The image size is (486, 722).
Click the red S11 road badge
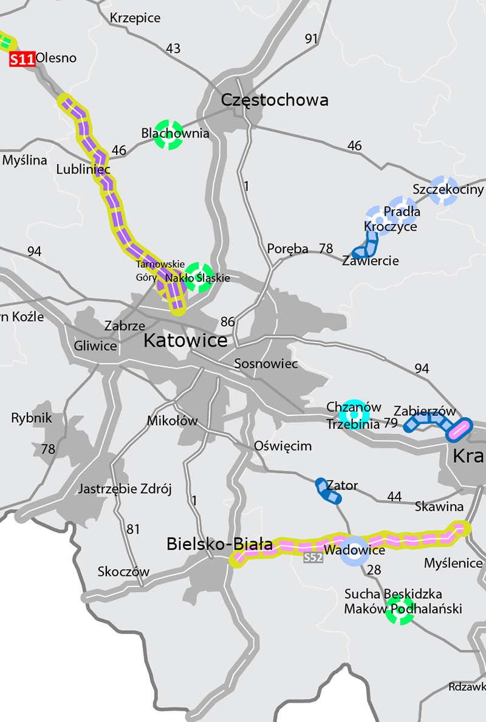[x=22, y=59]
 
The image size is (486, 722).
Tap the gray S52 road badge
[x=313, y=557]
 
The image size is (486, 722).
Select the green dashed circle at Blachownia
[x=168, y=134]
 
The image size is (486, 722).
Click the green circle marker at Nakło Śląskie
[x=199, y=277]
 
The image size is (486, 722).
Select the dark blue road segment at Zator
[x=328, y=491]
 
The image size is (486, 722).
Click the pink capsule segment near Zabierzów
[x=459, y=429]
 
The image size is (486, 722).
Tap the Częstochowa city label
[x=275, y=100]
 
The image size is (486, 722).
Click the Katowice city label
[x=185, y=341]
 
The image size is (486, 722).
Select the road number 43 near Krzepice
[x=173, y=49]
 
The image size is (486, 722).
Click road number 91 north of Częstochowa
[x=312, y=39]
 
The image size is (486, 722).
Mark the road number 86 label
[x=228, y=322]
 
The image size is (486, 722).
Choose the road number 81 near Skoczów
[x=133, y=529]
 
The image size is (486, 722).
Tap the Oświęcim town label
[x=282, y=446]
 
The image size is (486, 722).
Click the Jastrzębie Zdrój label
[x=125, y=489]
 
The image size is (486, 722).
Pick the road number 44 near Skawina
[x=394, y=497]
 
